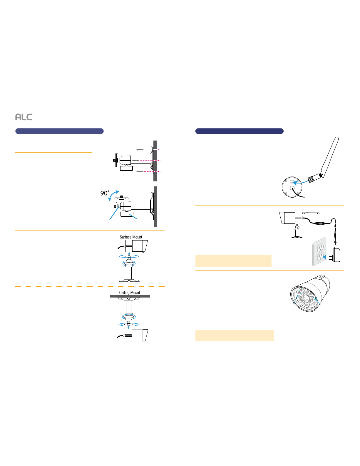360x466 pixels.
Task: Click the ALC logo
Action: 24,117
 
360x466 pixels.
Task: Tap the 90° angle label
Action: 105,193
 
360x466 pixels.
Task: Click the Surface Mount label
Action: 131,237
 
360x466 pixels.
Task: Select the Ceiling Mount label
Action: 129,293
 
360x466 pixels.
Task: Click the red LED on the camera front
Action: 299,293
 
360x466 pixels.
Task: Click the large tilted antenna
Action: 324,160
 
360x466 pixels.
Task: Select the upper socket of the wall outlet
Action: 320,248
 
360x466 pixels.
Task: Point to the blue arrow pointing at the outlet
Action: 327,257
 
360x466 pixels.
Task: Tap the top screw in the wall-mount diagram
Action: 140,149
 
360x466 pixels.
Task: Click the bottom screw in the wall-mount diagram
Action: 140,171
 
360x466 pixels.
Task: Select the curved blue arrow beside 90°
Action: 113,195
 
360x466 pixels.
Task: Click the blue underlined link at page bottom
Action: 58,463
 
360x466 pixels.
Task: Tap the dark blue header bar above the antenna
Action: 239,131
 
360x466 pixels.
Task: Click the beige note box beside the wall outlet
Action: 233,261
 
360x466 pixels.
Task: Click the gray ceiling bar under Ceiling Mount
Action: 130,296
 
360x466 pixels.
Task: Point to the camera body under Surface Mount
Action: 136,246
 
